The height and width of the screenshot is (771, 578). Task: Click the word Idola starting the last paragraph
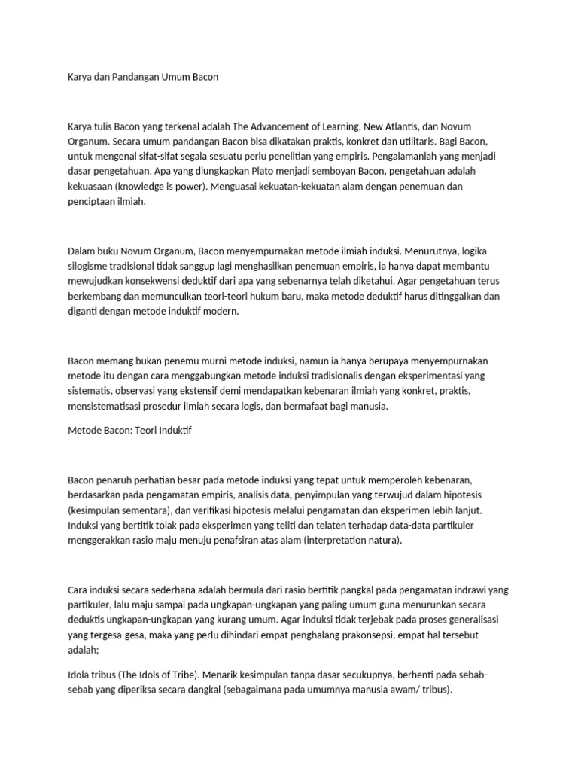[x=80, y=674]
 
